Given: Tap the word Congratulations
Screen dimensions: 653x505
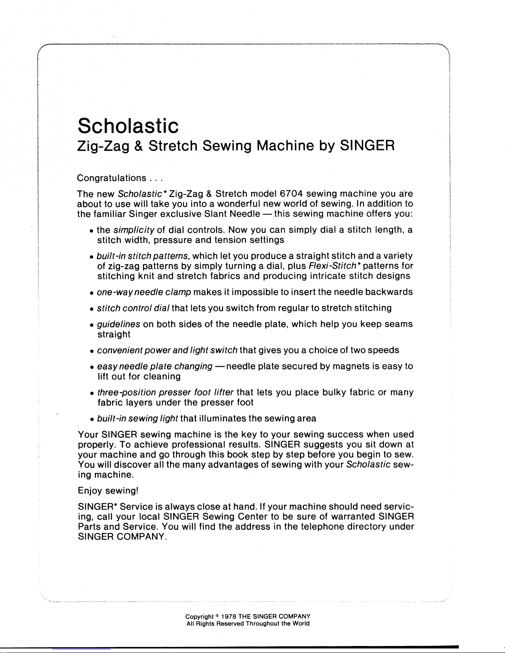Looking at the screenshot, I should pos(112,178).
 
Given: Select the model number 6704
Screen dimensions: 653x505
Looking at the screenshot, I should pos(291,194).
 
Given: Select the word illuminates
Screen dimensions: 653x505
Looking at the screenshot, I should pos(223,419).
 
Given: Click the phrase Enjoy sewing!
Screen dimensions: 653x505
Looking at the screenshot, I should pos(108,491).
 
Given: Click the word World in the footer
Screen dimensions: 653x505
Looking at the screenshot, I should pos(301,624).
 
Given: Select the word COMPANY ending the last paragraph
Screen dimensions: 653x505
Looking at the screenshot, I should pos(142,537).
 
